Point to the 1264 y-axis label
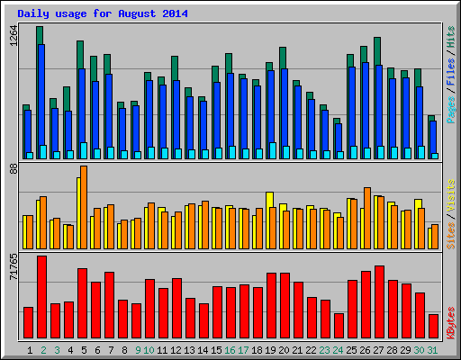point(13,36)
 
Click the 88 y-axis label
point(13,168)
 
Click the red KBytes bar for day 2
point(41,297)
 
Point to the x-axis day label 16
point(230,349)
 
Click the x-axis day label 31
point(433,349)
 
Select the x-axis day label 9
point(137,349)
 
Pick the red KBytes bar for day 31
point(433,325)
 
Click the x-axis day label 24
point(338,349)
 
